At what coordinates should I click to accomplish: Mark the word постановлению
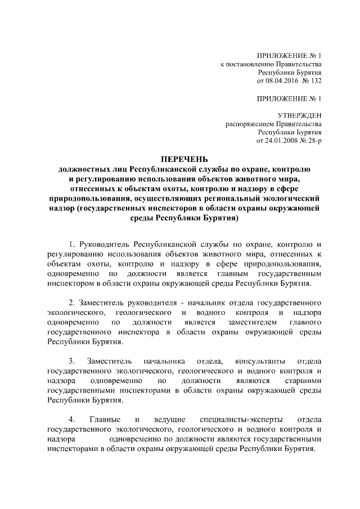coord(247,65)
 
